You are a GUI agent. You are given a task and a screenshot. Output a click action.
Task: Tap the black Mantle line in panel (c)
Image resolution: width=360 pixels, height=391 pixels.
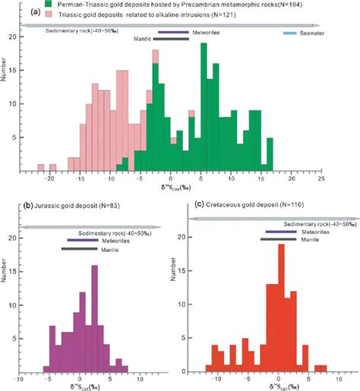pyautogui.click(x=277, y=240)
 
